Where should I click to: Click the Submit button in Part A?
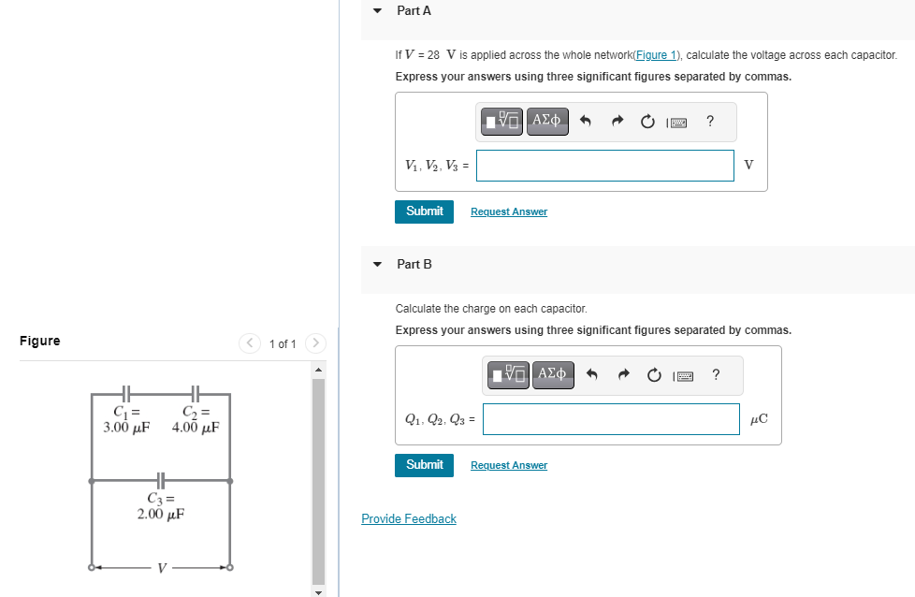pos(424,211)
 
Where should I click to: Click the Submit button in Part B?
pos(424,465)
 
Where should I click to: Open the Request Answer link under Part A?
pos(508,212)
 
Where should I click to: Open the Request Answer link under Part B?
pos(508,466)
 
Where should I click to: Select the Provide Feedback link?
pos(409,519)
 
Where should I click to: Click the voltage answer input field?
pos(605,166)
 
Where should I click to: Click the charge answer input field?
pos(611,419)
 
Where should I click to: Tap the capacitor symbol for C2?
pos(196,394)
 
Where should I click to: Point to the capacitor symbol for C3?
pos(161,481)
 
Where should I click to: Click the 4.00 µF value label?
pos(196,429)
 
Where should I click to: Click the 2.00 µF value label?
pos(161,514)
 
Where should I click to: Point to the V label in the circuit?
pos(162,567)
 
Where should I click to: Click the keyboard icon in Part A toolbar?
pos(678,122)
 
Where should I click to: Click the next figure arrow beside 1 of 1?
pos(316,343)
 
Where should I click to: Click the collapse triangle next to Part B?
pos(377,265)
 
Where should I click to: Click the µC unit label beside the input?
pos(759,419)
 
